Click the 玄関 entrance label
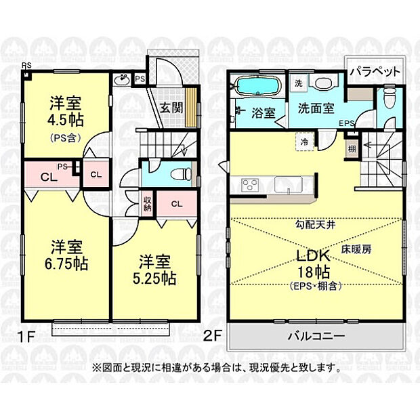[172, 106]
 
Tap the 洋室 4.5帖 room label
[66, 112]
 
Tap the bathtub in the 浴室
[256, 87]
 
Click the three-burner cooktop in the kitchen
[248, 185]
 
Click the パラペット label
[375, 70]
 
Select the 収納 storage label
[148, 204]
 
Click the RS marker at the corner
[25, 65]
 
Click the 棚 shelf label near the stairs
[352, 149]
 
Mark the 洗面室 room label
[315, 108]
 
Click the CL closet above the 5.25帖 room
[175, 204]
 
